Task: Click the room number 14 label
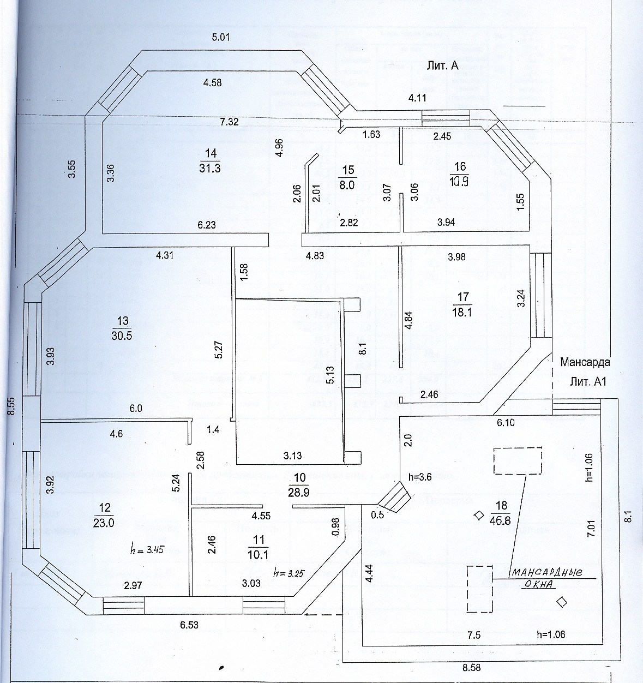[x=210, y=153]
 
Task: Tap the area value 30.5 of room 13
[x=122, y=336]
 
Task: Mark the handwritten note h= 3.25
[x=287, y=573]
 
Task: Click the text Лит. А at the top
[x=442, y=66]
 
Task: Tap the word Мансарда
[x=585, y=362]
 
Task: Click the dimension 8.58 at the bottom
[x=472, y=667]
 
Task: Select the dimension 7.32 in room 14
[x=230, y=122]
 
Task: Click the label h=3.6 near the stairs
[x=420, y=476]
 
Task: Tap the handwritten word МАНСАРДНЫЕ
[x=546, y=573]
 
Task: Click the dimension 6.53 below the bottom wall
[x=189, y=625]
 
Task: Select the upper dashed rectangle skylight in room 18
[x=518, y=461]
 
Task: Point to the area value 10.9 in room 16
[x=460, y=182]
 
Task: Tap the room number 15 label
[x=347, y=170]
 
